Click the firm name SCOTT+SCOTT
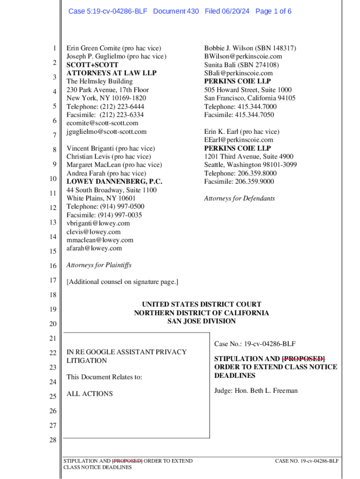(92, 65)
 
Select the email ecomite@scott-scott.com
(102, 123)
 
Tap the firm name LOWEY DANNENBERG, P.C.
(111, 181)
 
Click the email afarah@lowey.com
(94, 248)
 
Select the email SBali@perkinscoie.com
(238, 73)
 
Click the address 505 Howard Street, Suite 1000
(248, 90)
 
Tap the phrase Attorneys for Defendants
(239, 198)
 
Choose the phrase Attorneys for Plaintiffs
(99, 265)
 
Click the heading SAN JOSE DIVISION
(202, 321)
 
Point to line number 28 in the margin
(52, 440)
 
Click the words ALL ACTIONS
(90, 394)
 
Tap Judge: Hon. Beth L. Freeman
(256, 391)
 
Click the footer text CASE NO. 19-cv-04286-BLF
(307, 461)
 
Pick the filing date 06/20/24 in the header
(237, 11)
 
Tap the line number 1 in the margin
(54, 49)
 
